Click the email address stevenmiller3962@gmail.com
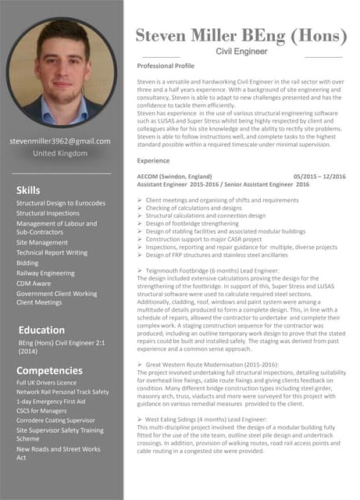pos(60,141)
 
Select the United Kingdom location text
pos(60,154)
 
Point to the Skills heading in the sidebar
pos(28,191)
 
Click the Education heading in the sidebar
pos(41,330)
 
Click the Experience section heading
pos(153,160)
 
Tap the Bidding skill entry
pos(27,263)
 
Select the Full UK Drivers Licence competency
pos(47,383)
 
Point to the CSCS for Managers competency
pos(42,411)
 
